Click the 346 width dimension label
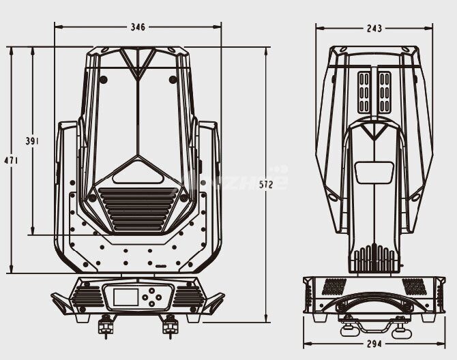[x=138, y=27]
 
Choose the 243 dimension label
[x=374, y=29]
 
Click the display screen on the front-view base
[x=125, y=297]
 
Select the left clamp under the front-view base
[x=106, y=327]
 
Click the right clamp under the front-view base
[x=168, y=327]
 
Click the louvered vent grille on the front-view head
[x=138, y=209]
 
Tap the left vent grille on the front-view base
[x=87, y=295]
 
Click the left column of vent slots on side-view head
[x=363, y=92]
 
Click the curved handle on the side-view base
[x=371, y=301]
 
